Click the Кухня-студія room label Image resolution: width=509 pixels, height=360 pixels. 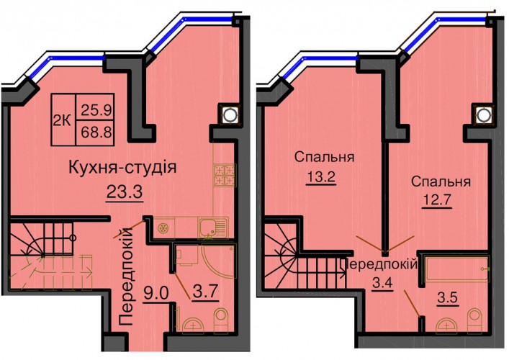tap(122, 168)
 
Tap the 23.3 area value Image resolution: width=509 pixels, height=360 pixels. tap(125, 192)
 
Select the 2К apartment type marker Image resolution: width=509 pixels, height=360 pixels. tap(62, 121)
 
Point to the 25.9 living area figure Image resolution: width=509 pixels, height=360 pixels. tap(96, 110)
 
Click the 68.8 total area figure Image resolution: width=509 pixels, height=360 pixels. tap(96, 132)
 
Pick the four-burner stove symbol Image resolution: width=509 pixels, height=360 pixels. tap(225, 175)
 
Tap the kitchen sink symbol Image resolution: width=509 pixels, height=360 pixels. tap(213, 228)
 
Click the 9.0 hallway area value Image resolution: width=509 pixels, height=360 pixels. tap(155, 294)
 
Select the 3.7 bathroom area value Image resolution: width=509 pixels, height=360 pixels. tap(204, 292)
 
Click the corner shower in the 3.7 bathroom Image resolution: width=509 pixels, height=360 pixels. tap(219, 261)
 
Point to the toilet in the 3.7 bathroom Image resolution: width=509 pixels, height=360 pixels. tap(221, 320)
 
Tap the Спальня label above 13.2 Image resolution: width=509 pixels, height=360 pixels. tap(324, 158)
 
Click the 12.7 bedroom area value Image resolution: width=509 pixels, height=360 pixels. tap(437, 200)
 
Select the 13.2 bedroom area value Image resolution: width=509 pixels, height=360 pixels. tap(320, 177)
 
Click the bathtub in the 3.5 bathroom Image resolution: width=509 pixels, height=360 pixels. tap(457, 269)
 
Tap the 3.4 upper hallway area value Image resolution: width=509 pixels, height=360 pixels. tap(382, 284)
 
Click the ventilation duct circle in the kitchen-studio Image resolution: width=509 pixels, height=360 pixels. tap(229, 114)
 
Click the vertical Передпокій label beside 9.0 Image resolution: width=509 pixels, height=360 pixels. tap(127, 276)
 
